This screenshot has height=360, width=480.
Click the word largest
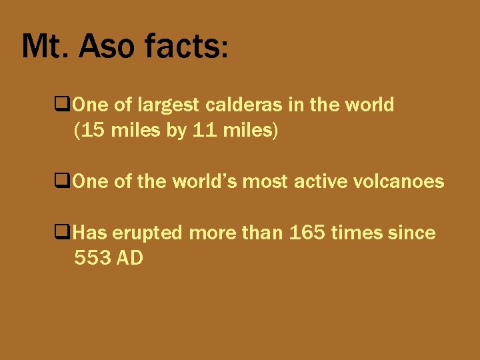[x=169, y=105]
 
